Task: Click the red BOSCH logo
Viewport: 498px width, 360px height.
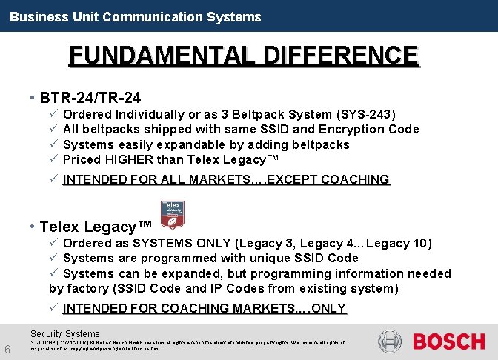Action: tap(448, 341)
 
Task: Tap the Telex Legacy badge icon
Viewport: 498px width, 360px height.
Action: tap(172, 213)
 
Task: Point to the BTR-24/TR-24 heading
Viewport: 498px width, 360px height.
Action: tap(90, 97)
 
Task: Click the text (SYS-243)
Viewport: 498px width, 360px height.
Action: tap(366, 114)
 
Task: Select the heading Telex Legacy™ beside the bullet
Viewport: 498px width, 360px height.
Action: tap(96, 227)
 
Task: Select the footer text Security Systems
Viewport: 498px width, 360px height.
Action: tap(64, 334)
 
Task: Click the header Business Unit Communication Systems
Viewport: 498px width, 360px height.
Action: tap(136, 16)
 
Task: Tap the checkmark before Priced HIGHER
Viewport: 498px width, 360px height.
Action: tap(53, 159)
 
